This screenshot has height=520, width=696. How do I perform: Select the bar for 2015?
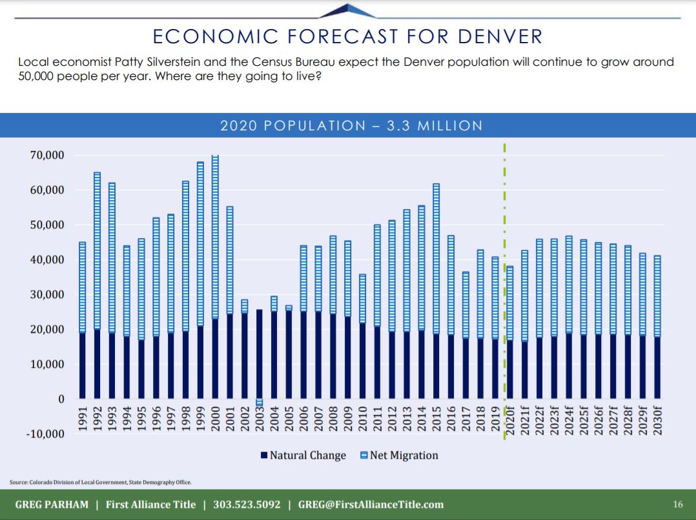pyautogui.click(x=436, y=291)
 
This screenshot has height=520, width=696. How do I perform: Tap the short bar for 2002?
pyautogui.click(x=244, y=349)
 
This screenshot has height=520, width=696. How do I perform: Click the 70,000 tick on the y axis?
pyautogui.click(x=46, y=155)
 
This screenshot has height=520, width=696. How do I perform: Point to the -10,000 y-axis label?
pyautogui.click(x=45, y=434)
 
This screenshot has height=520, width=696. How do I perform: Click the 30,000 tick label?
pyautogui.click(x=46, y=295)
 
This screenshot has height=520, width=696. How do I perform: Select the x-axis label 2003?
pyautogui.click(x=260, y=420)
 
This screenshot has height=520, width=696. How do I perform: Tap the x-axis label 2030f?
pyautogui.click(x=657, y=423)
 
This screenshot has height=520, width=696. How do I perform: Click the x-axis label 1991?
pyautogui.click(x=83, y=420)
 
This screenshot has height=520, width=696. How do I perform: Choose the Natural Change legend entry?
pyautogui.click(x=303, y=455)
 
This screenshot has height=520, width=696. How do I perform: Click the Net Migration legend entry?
pyautogui.click(x=398, y=455)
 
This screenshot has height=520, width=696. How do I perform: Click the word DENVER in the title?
pyautogui.click(x=500, y=36)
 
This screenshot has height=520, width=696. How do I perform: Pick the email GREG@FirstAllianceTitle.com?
pyautogui.click(x=371, y=505)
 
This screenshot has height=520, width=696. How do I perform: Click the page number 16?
pyautogui.click(x=677, y=505)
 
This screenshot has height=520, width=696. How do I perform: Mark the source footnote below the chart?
pyautogui.click(x=101, y=482)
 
